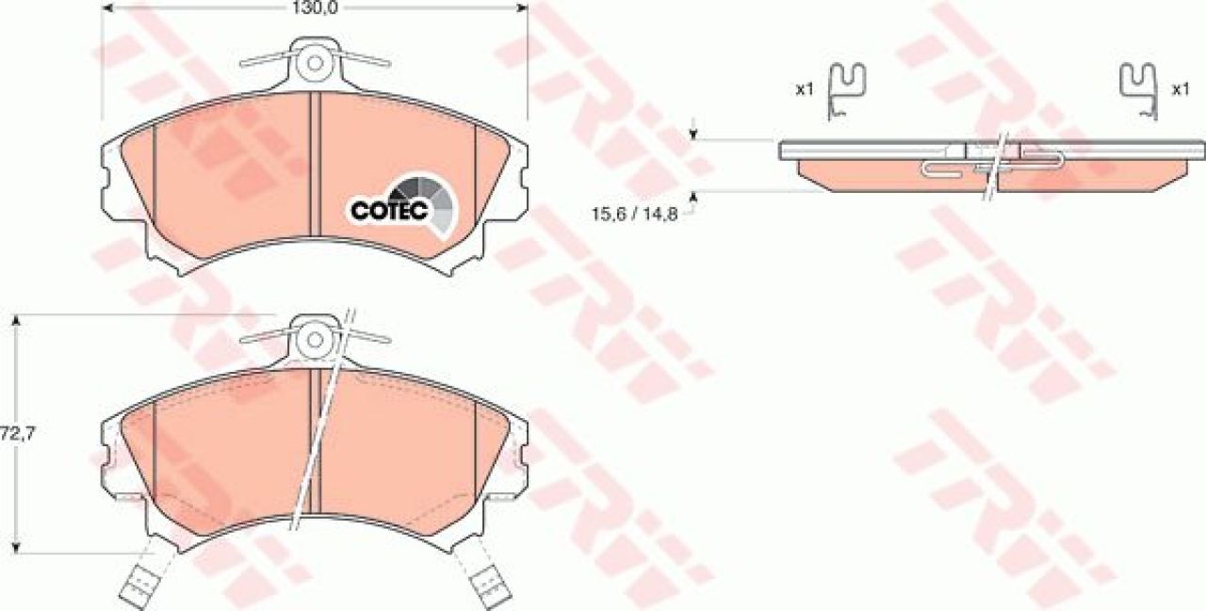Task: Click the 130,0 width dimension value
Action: click(x=315, y=8)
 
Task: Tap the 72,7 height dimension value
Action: click(x=18, y=434)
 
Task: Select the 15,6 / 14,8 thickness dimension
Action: click(x=634, y=214)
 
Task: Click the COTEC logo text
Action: click(x=389, y=210)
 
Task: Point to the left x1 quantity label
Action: click(x=805, y=89)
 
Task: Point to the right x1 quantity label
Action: click(x=1181, y=89)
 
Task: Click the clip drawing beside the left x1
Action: click(x=845, y=90)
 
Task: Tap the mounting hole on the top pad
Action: click(x=315, y=63)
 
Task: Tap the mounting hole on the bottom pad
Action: click(x=315, y=339)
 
